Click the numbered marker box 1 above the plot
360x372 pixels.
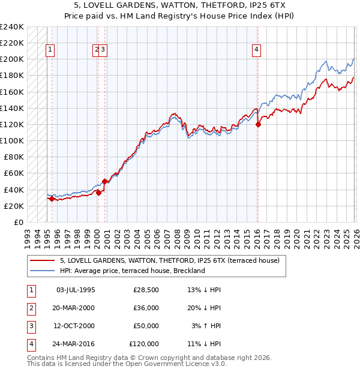[x=50, y=50]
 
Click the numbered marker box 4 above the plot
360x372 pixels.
[x=256, y=50]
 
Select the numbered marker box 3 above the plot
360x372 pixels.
[x=104, y=50]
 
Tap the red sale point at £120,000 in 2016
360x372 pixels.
[x=258, y=125]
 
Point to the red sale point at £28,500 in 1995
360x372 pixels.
[x=52, y=199]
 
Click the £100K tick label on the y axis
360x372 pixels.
[x=12, y=141]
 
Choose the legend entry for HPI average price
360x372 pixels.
[x=132, y=271]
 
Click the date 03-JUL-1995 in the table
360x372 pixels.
[x=76, y=290]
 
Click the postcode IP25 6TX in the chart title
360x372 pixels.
[x=273, y=5]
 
